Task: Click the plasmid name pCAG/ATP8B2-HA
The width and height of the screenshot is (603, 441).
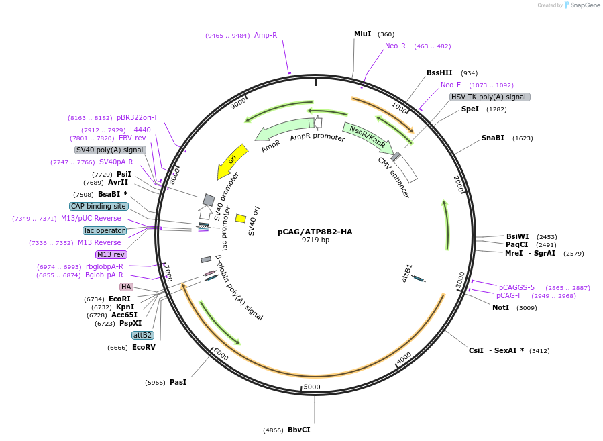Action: (x=315, y=232)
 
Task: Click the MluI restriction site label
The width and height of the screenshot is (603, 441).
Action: (x=362, y=34)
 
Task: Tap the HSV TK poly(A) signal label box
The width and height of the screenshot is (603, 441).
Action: (x=490, y=97)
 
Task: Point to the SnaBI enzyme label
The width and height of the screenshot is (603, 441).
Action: (x=492, y=138)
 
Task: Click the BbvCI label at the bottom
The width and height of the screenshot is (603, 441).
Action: (x=299, y=430)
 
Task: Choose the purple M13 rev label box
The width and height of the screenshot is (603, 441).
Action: (x=111, y=254)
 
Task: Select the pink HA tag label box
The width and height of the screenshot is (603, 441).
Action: (x=126, y=287)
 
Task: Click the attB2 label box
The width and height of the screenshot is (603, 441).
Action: (x=142, y=335)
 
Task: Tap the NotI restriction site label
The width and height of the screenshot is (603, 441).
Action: (x=500, y=307)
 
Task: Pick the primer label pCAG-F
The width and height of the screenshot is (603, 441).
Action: (x=509, y=295)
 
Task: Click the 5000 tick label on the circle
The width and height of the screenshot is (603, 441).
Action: (x=312, y=387)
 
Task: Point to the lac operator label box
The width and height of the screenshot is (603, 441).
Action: (x=105, y=230)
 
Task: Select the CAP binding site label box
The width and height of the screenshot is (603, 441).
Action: (x=98, y=206)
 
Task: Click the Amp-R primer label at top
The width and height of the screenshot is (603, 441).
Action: (x=265, y=35)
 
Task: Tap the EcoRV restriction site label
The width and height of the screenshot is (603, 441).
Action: (x=144, y=347)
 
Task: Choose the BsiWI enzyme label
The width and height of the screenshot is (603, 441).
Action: (x=517, y=236)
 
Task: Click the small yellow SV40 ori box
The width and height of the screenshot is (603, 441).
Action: (x=240, y=218)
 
